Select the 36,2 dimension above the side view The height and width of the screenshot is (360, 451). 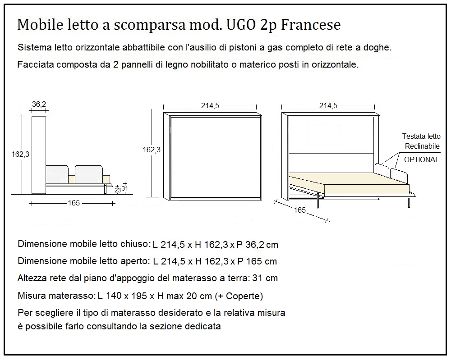[39, 105]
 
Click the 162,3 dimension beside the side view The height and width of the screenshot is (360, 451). [20, 154]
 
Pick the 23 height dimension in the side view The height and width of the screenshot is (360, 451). [117, 190]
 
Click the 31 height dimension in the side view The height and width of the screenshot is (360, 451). [125, 189]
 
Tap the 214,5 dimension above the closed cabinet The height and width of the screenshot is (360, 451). [210, 106]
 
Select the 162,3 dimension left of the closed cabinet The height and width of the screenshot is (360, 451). [152, 150]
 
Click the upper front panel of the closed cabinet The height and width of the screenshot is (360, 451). [216, 137]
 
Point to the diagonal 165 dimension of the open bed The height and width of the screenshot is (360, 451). [299, 210]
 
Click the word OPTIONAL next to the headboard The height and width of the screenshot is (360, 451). [421, 159]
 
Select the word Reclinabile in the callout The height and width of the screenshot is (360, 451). [422, 146]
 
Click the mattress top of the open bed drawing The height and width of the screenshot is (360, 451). [343, 178]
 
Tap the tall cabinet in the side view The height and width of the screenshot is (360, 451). [39, 153]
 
